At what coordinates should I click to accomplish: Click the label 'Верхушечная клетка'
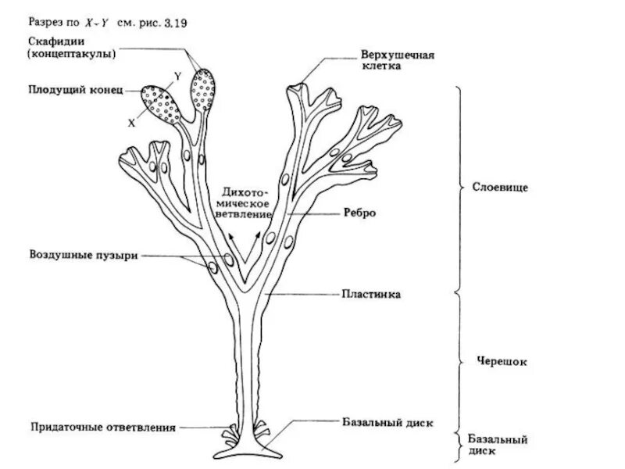click(x=396, y=61)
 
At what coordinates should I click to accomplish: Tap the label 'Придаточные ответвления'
click(x=103, y=428)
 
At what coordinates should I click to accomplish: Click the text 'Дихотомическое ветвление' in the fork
click(x=245, y=202)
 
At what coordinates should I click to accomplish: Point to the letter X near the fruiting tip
click(x=132, y=124)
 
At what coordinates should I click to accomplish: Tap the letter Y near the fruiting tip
click(x=178, y=74)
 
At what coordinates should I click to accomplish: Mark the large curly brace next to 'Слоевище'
click(x=461, y=188)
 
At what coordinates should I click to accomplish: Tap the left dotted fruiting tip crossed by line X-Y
click(x=162, y=103)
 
